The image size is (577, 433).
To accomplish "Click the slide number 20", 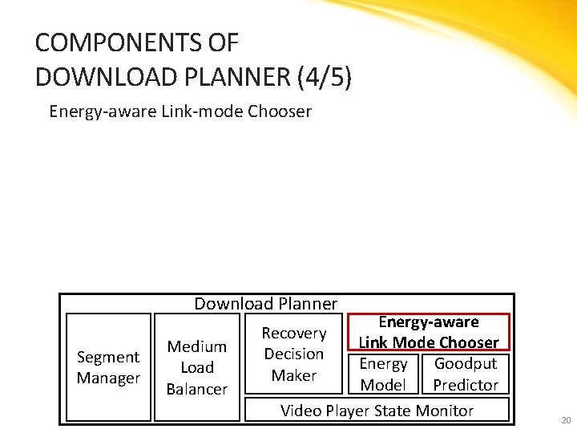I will (x=566, y=420).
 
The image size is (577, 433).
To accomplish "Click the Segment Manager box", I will (x=108, y=367).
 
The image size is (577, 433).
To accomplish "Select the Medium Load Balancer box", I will (x=197, y=367).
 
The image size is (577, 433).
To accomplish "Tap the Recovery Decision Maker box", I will (x=294, y=354).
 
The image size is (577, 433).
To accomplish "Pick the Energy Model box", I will (x=383, y=374).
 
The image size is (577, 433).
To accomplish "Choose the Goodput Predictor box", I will (x=466, y=374).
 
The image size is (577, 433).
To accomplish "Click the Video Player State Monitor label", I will (x=377, y=411).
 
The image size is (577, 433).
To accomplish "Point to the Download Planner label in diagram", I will (x=265, y=303).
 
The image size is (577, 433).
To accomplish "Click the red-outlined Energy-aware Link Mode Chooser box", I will (x=429, y=332).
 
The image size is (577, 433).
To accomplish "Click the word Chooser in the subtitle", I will (x=280, y=111).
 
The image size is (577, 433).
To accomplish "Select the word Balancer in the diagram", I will (x=197, y=389).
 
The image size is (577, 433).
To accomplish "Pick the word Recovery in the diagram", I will (x=294, y=333).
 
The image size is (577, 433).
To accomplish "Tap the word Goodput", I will (x=466, y=363).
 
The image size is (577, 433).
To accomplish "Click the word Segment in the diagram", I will (x=108, y=357).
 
